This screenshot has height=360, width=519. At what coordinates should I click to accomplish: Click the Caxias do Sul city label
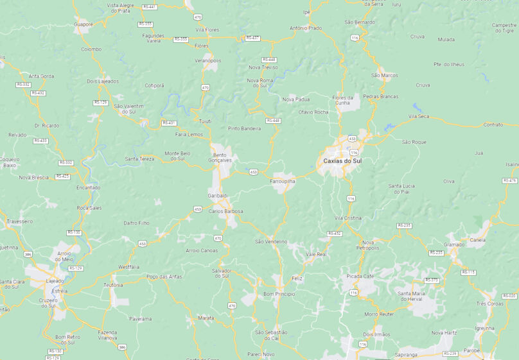pyautogui.click(x=342, y=160)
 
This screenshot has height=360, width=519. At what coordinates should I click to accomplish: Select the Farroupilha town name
pyautogui.click(x=282, y=182)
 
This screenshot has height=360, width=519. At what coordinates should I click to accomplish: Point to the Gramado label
pyautogui.click(x=454, y=244)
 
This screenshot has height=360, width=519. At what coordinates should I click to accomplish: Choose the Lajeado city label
pyautogui.click(x=55, y=281)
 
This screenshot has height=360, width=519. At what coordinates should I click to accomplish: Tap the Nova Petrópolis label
pyautogui.click(x=368, y=244)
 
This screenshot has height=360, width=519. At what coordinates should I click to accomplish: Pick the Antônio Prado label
pyautogui.click(x=306, y=28)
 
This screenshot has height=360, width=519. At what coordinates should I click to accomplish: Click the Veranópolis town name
pyautogui.click(x=207, y=61)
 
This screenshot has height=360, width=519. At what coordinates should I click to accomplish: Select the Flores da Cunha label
pyautogui.click(x=341, y=100)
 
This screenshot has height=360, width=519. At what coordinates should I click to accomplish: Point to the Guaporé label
pyautogui.click(x=84, y=24)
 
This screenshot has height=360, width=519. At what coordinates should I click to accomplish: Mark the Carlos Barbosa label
pyautogui.click(x=225, y=211)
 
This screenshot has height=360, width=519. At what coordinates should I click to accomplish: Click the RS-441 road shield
pyautogui.click(x=149, y=7)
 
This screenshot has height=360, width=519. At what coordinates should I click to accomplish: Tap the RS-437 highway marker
pyautogui.click(x=252, y=38)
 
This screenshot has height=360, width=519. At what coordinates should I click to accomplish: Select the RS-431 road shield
pyautogui.click(x=169, y=123)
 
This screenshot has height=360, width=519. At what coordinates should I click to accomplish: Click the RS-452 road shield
pyautogui.click(x=334, y=234)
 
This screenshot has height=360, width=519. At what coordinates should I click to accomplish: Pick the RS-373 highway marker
pyautogui.click(x=432, y=280)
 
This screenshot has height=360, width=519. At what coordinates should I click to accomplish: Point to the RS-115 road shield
pyautogui.click(x=468, y=273)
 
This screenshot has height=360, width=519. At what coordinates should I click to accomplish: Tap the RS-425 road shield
pyautogui.click(x=62, y=176)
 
